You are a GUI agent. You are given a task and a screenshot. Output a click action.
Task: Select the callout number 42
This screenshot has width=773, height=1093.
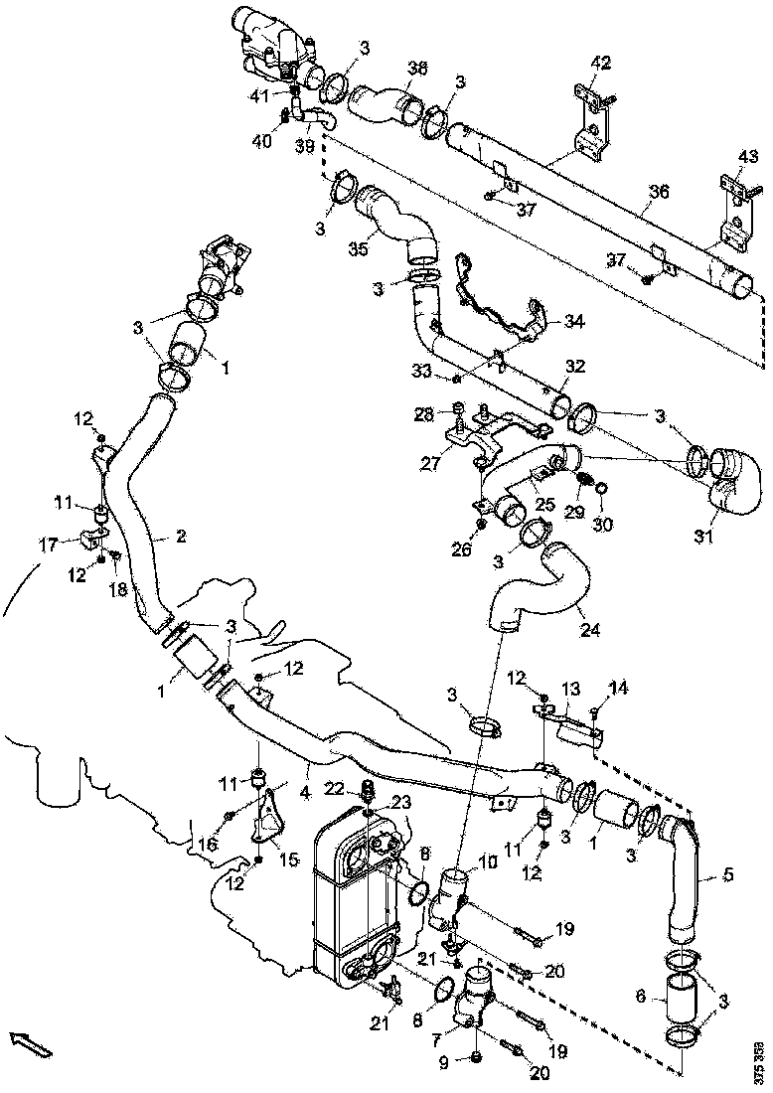[599, 64]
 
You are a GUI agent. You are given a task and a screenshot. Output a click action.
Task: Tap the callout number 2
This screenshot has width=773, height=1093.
[180, 537]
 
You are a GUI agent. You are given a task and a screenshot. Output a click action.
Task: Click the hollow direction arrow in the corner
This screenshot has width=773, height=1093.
[31, 1043]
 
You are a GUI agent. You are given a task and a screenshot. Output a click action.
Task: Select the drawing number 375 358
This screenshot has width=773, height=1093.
[759, 1059]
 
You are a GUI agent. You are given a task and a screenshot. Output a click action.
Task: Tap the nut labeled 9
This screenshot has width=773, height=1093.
[475, 1055]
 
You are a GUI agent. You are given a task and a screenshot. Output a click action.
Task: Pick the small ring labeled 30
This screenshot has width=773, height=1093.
[601, 491]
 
